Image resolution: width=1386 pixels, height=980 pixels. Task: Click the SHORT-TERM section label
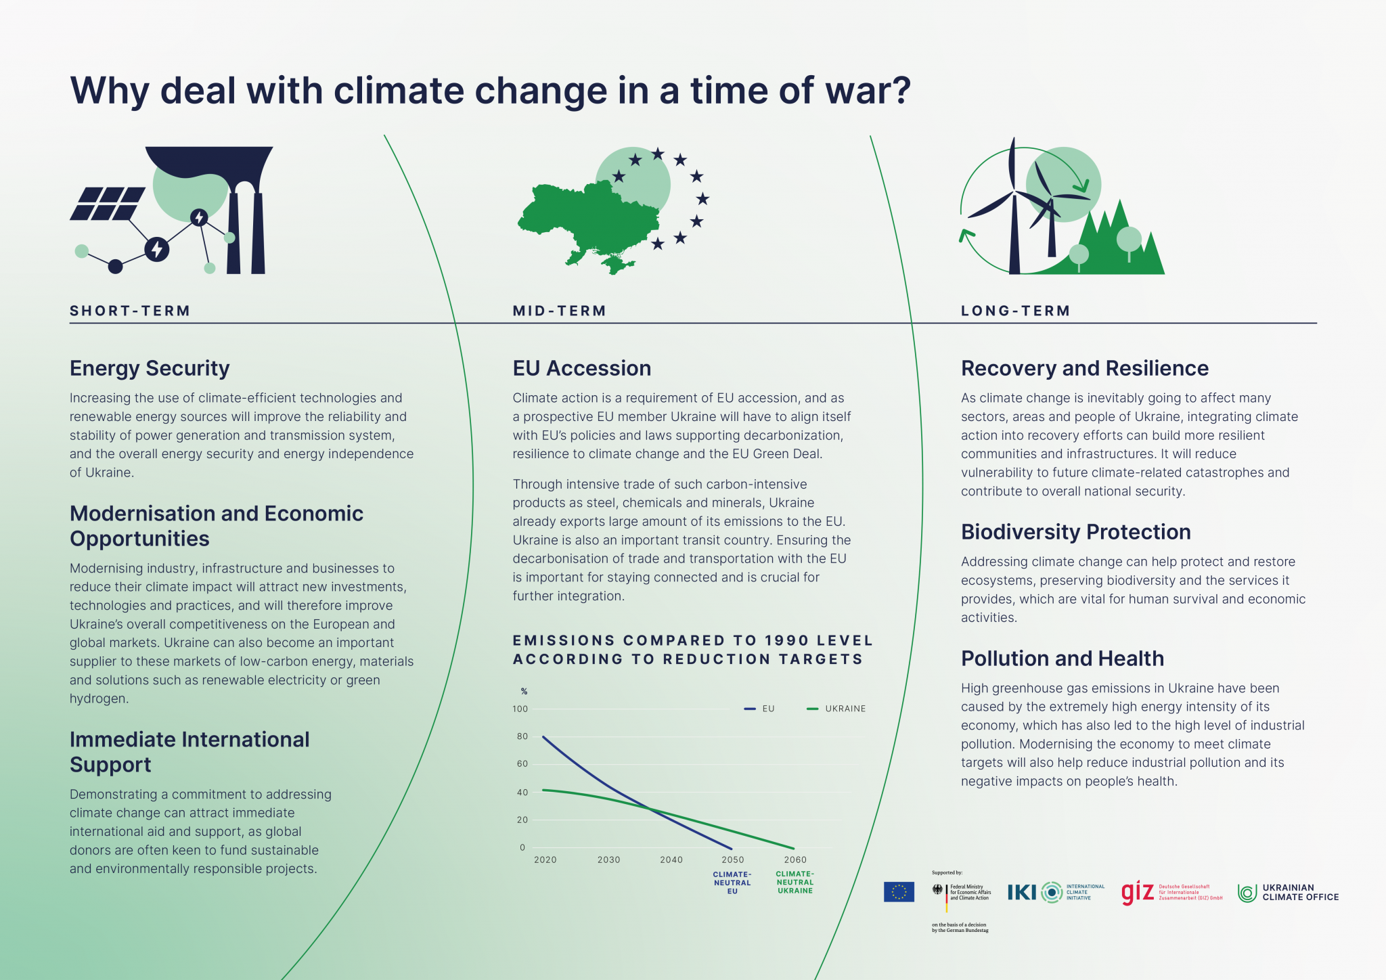point(130,311)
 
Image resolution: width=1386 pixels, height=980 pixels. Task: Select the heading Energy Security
point(150,368)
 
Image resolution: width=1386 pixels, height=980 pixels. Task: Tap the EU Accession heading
point(581,368)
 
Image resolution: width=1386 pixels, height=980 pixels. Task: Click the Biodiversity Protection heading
point(1075,532)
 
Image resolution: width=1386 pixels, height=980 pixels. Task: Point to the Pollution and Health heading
point(1062,659)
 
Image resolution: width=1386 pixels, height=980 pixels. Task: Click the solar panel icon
point(108,204)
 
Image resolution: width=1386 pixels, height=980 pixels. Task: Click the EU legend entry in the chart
point(760,709)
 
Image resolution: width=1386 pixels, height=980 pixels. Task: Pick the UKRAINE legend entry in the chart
point(837,709)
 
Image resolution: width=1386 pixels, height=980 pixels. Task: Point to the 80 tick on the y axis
point(522,736)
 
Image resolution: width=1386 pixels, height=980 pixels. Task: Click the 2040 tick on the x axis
point(671,860)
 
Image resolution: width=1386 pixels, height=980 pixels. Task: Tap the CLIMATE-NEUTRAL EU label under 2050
point(732,883)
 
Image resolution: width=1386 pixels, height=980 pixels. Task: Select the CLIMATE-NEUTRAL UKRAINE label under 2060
point(795,882)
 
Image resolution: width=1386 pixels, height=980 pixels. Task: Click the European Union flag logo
point(899,892)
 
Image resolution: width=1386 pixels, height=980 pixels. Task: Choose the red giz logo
point(1137,892)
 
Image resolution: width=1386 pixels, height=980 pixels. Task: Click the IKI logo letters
point(1022,893)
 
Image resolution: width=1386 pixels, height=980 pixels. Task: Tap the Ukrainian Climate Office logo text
point(1299,892)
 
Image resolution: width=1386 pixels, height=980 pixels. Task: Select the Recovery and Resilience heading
point(1084,368)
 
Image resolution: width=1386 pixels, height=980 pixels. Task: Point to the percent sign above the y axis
point(524,691)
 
